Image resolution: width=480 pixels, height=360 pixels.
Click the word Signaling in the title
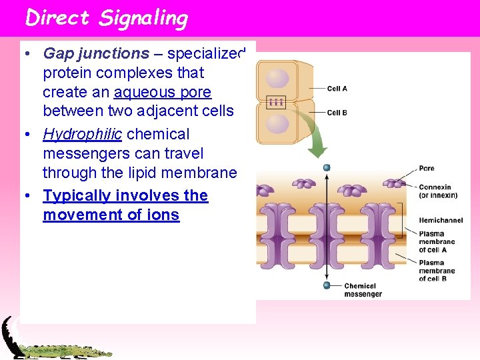coord(143,19)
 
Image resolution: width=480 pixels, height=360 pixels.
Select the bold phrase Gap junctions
coord(96,53)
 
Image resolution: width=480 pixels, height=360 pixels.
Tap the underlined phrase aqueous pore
coord(163,92)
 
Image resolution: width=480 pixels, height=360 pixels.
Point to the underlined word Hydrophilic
coord(82,134)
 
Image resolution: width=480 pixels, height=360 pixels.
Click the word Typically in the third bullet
coord(77,195)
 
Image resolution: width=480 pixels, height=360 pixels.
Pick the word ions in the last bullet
coord(164,215)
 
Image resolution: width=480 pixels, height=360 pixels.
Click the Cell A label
coord(337,88)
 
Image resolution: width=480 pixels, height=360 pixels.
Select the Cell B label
coord(337,113)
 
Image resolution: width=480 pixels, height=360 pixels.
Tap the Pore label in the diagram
coord(426,168)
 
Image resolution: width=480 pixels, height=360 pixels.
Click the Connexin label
coord(435,187)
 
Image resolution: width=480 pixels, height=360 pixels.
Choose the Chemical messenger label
coord(363,290)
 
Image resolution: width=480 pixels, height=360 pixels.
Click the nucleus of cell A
coord(277,79)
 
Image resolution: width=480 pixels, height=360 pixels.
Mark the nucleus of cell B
coord(277,124)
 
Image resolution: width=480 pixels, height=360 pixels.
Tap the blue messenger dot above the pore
coord(327,167)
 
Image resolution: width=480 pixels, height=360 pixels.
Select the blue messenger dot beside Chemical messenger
coord(327,285)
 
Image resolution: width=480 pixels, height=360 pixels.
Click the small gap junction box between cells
coord(276,102)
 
